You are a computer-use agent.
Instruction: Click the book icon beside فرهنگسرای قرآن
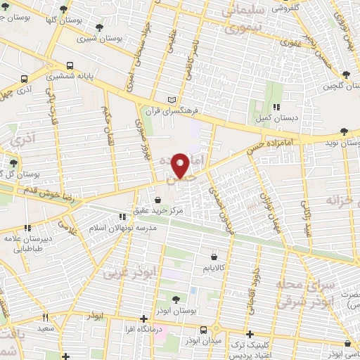174,100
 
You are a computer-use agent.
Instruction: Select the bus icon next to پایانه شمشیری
25,79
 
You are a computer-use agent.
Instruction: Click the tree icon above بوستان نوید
343,131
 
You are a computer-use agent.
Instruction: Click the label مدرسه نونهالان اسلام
118,229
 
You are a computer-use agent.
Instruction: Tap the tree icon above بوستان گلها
65,10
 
